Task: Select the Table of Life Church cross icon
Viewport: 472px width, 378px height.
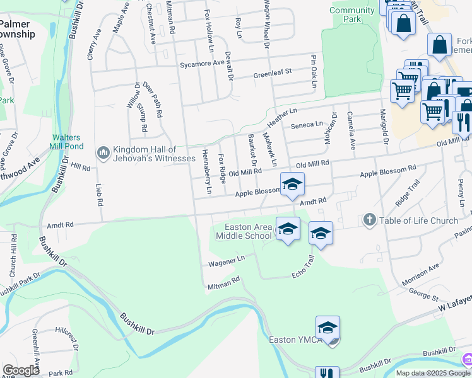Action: tap(370, 220)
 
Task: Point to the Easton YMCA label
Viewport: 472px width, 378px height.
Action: tap(292, 340)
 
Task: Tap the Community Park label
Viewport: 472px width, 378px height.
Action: tap(351, 14)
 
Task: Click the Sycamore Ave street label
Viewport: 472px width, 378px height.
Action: tap(202, 63)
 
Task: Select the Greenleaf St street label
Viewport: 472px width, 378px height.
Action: tap(272, 72)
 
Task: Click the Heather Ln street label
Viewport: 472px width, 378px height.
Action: tap(282, 115)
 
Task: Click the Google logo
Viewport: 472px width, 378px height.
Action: tap(21, 370)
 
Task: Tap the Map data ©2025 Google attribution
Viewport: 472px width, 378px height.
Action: tap(432, 373)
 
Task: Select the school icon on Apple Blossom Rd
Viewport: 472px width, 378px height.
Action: tap(292, 185)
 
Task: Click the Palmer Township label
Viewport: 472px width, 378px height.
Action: tap(17, 29)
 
